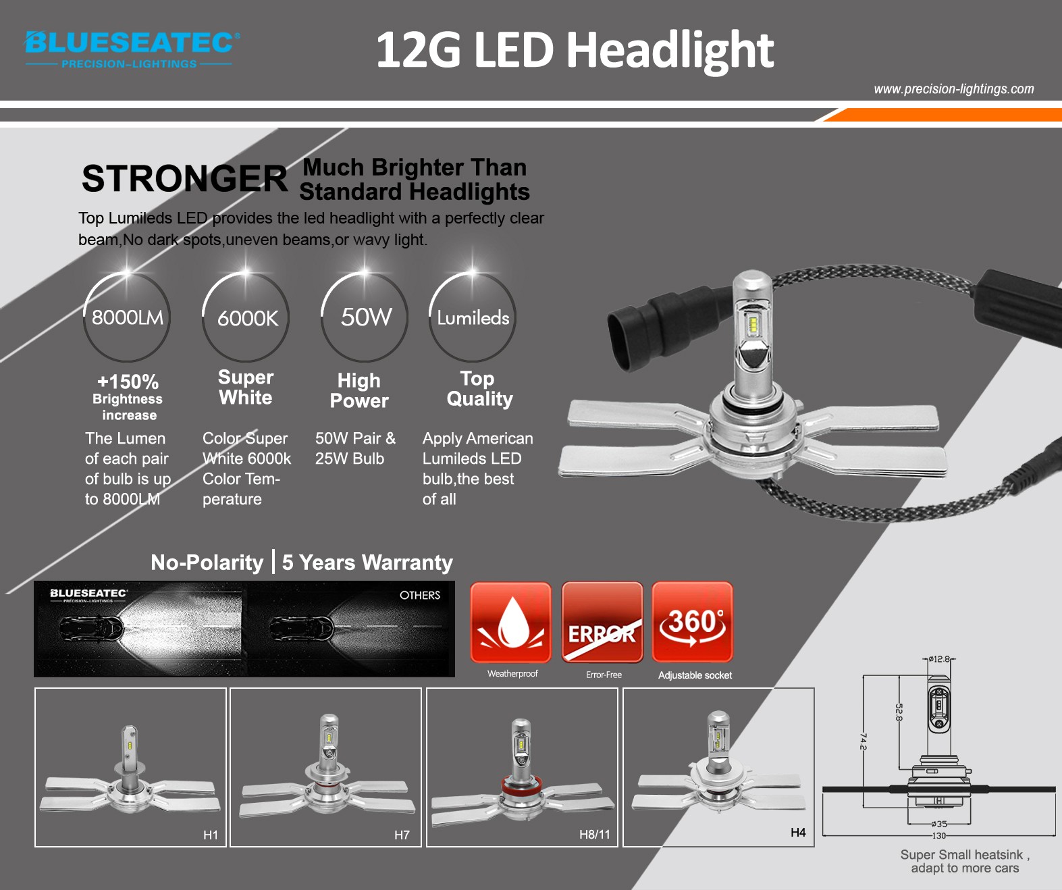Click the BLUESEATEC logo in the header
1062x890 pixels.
point(132,49)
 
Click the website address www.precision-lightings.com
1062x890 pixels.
point(954,89)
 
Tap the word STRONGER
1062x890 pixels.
point(184,179)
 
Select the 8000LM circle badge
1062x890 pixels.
point(127,317)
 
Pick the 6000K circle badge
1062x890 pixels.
point(246,317)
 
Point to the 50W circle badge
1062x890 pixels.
point(364,317)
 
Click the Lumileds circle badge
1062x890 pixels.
point(473,317)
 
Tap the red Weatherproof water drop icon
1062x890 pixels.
point(510,622)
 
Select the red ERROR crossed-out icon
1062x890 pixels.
point(602,622)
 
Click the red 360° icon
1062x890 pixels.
point(692,622)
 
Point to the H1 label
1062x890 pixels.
point(211,835)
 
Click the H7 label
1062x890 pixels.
point(402,835)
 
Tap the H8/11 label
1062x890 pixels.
point(595,834)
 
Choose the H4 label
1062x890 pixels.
point(798,832)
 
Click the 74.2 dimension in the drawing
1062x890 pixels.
point(863,741)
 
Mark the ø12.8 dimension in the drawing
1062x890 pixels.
point(939,658)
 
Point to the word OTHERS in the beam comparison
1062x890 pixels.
point(420,595)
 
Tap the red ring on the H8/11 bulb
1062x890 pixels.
point(520,786)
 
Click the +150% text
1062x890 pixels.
point(128,382)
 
